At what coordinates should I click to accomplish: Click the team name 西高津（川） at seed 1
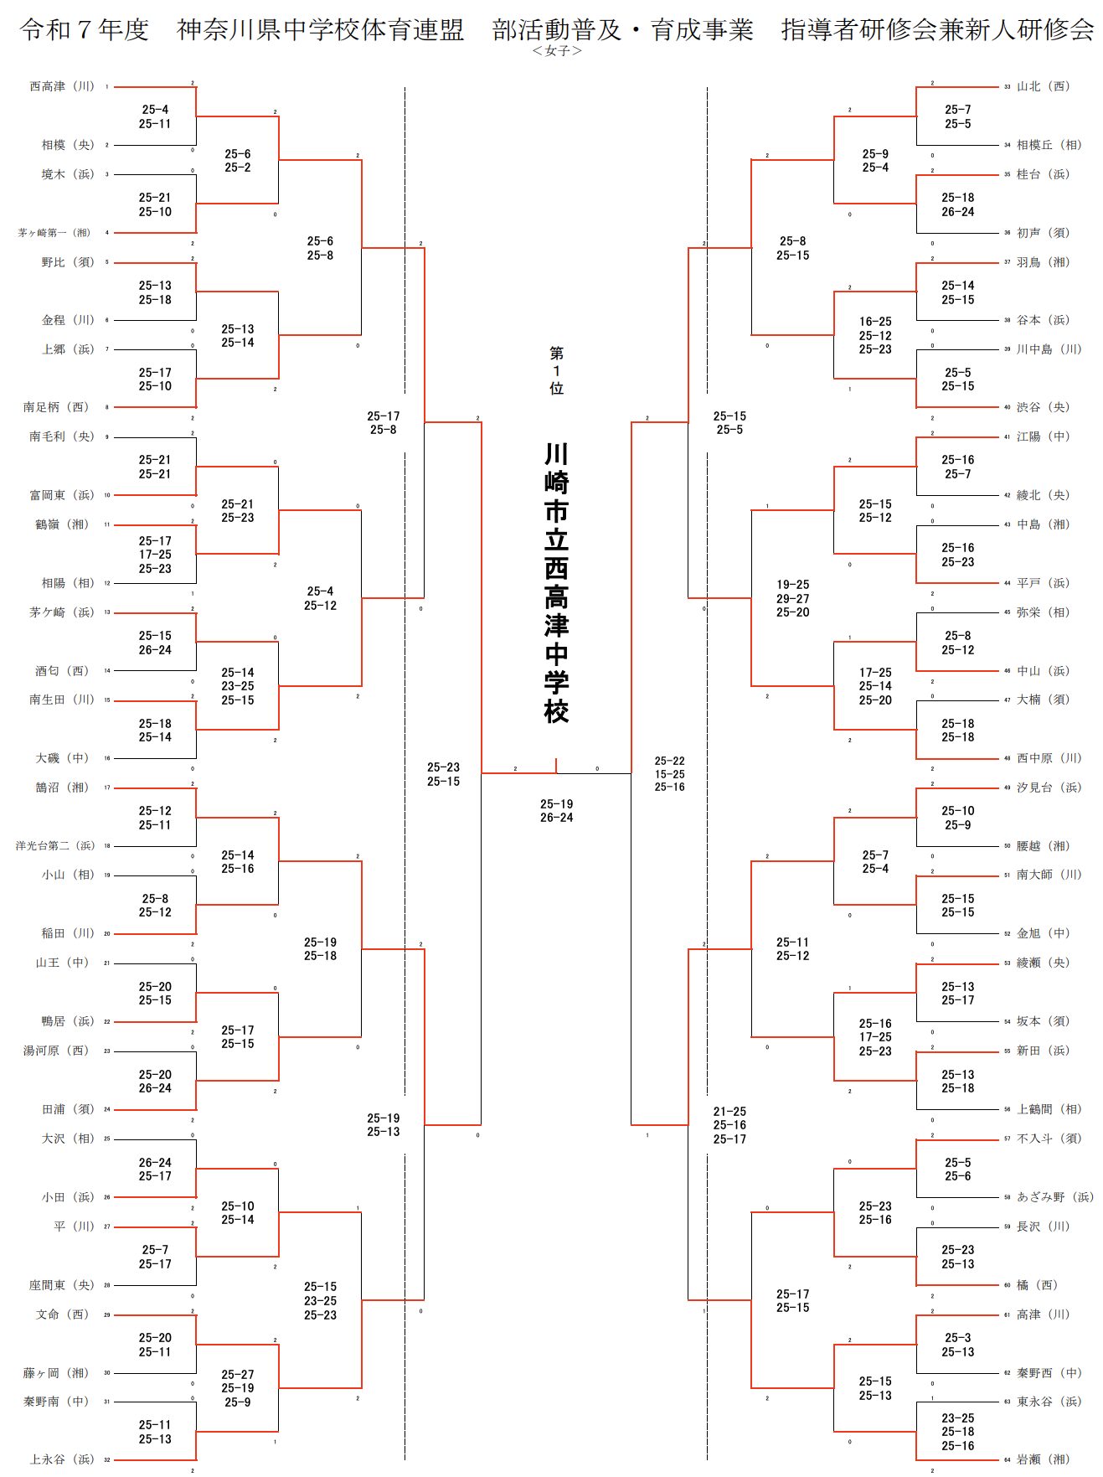62,86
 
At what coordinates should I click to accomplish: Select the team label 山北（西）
1043,86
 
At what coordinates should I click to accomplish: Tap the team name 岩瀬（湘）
1043,1459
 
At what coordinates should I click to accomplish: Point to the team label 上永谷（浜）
62,1459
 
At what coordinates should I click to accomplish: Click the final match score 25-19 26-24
556,811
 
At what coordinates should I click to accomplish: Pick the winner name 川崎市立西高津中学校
556,583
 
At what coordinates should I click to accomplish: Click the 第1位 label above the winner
556,370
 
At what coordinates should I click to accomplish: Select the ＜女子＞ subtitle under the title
556,51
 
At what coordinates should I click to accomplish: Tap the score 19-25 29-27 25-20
792,598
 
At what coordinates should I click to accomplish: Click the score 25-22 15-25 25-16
669,774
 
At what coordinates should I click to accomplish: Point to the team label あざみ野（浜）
1054,1197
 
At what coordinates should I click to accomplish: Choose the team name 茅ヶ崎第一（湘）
54,233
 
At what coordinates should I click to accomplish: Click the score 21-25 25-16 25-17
729,1125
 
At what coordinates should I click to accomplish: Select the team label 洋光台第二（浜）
55,846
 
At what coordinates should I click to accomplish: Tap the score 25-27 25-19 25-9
238,1388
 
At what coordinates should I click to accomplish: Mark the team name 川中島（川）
1049,349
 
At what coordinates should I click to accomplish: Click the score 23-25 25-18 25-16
957,1432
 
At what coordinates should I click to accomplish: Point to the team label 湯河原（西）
55,1051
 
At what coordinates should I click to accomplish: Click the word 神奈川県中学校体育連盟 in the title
320,30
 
